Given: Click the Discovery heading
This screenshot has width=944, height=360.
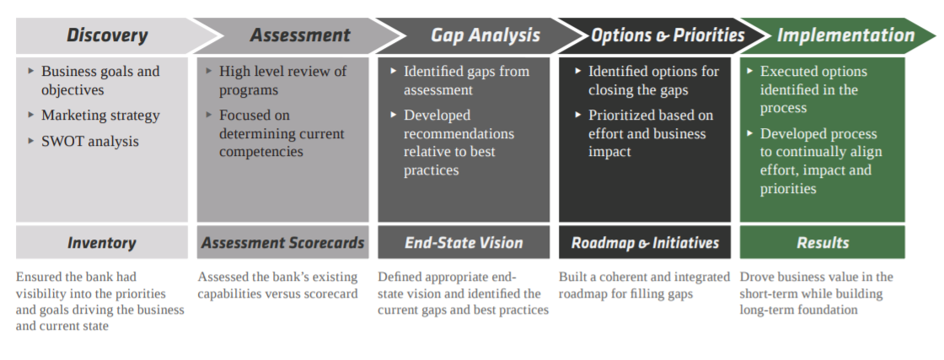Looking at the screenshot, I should (x=107, y=35).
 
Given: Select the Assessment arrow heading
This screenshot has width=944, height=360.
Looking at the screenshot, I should (x=299, y=35).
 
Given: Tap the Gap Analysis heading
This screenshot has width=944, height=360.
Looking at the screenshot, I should (x=485, y=35).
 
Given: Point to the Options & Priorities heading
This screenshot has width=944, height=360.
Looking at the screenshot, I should (x=668, y=35).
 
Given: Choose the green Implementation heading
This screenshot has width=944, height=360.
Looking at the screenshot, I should (x=845, y=35).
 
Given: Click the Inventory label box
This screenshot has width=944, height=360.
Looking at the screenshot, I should (x=101, y=243).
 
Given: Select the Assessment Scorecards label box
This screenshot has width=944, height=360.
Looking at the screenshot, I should (x=282, y=243).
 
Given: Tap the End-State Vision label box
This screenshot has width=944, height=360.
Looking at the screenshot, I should (x=464, y=243).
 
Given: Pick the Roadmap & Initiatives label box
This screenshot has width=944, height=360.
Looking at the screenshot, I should (x=645, y=243).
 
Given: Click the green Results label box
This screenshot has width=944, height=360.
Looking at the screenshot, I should (x=822, y=243).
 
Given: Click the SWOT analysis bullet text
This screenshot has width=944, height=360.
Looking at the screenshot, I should (x=90, y=142).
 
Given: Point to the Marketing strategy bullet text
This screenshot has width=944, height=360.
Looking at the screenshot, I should (x=100, y=116).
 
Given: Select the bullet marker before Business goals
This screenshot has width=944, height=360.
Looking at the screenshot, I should (x=31, y=72).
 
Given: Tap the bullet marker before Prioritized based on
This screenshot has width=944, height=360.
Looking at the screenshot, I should (x=578, y=115).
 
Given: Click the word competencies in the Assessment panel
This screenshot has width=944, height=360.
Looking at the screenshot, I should (x=261, y=153).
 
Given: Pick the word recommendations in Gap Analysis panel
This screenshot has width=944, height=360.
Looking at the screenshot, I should (x=459, y=134).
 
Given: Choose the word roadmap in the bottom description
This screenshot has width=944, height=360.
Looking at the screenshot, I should (x=583, y=293).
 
